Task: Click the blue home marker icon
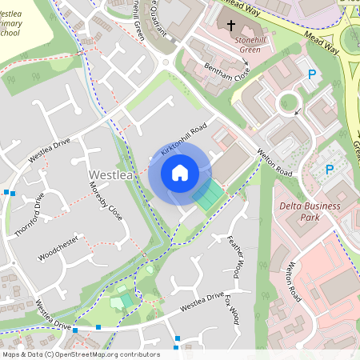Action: click(x=179, y=172)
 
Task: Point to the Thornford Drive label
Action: click(x=29, y=210)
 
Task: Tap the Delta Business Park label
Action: click(x=310, y=211)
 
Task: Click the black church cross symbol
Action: click(x=231, y=26)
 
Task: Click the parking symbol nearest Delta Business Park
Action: click(x=329, y=170)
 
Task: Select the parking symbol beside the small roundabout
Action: click(x=312, y=75)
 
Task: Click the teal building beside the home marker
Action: click(x=207, y=194)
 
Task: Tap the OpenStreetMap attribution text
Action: click(x=80, y=354)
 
